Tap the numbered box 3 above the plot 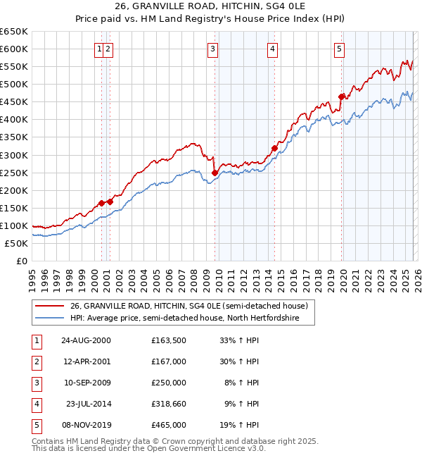(x=212, y=49)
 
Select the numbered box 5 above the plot (x=339, y=49)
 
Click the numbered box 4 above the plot (x=272, y=49)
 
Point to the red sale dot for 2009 (x=215, y=172)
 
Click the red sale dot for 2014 (x=274, y=148)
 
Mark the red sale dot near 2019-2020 (x=341, y=97)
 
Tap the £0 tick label (x=20, y=261)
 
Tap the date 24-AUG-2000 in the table (x=85, y=340)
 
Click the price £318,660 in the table (x=168, y=404)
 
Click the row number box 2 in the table (x=35, y=361)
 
